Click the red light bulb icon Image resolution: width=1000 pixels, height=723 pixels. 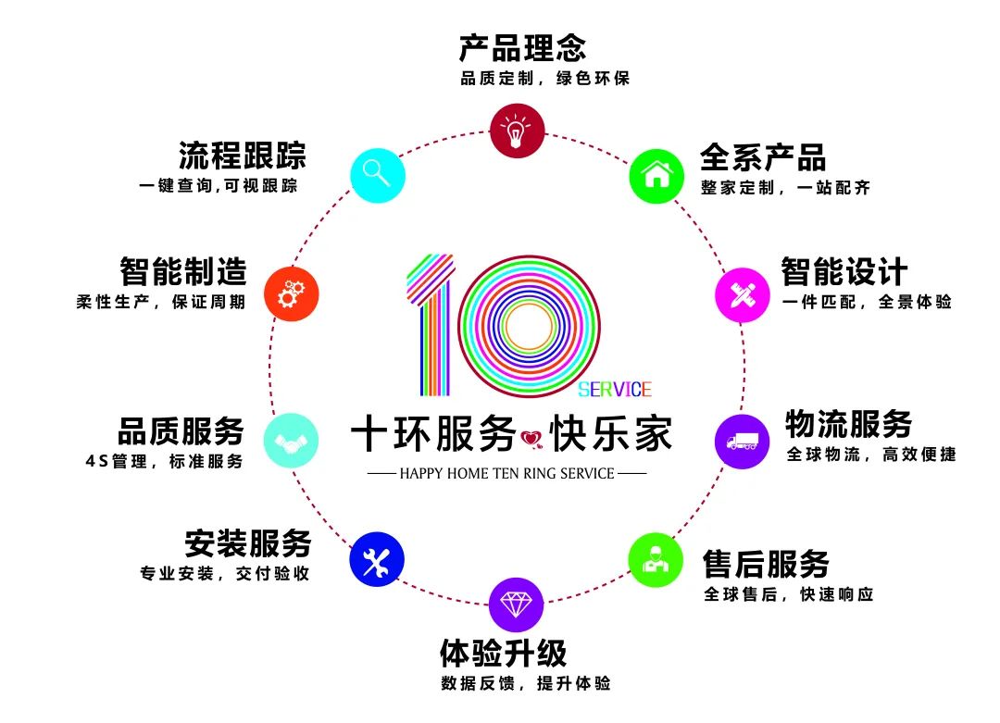pos(517,130)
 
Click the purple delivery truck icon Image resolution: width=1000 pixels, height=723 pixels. pos(743,442)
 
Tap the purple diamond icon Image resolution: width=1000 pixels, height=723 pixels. pos(516,605)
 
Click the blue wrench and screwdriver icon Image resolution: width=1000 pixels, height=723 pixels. pos(377,559)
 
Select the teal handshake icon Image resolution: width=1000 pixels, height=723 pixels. pos(291,441)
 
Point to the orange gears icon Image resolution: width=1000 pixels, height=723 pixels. pos(291,294)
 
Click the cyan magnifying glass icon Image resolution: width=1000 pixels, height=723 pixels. pos(377,172)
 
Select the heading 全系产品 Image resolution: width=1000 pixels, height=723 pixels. pos(763,156)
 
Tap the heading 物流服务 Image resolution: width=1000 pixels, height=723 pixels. pos(848,424)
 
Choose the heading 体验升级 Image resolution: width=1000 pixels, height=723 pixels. pos(503,654)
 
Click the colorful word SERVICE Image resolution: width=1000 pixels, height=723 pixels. pos(615,389)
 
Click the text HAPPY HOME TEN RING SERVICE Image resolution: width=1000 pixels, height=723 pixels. pos(506,474)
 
